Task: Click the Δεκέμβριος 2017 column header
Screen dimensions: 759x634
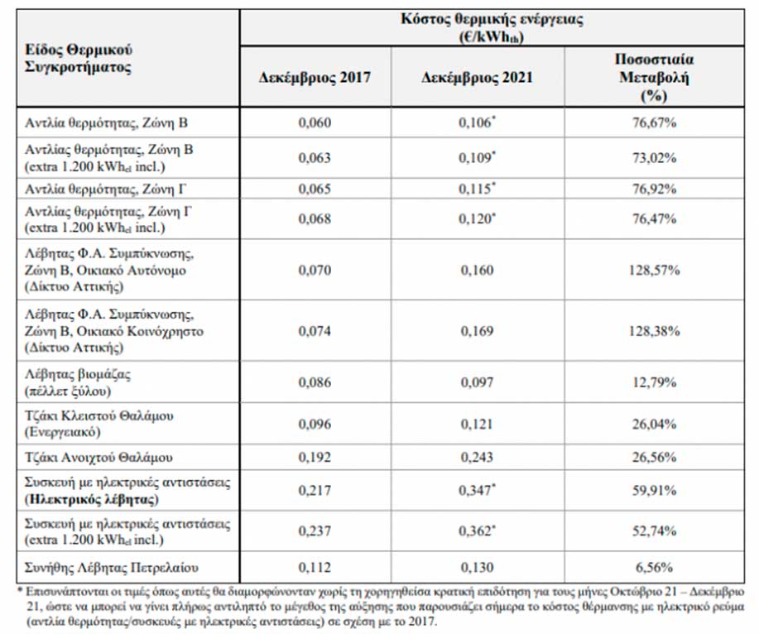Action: pos(315,78)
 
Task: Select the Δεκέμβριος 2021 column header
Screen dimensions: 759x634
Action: pos(477,78)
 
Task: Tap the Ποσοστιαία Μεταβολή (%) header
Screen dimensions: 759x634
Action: pos(654,78)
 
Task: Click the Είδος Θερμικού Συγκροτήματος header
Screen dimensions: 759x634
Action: pos(79,58)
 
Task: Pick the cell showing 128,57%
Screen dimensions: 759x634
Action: pos(654,270)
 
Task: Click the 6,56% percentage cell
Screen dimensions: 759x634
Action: pos(654,567)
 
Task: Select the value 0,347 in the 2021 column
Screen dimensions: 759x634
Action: pos(476,490)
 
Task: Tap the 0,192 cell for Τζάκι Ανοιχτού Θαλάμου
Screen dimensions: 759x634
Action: pos(315,458)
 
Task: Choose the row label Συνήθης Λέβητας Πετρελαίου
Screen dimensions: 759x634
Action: pos(112,567)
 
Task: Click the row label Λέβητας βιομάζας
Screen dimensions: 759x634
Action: pos(78,374)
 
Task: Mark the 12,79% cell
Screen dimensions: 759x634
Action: pos(654,382)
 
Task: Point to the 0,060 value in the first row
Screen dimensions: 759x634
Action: pos(315,122)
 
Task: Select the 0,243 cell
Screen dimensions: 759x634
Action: pos(477,458)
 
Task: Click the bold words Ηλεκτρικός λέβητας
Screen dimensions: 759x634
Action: pos(92,499)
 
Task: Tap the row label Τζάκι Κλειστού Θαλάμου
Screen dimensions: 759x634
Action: pos(98,415)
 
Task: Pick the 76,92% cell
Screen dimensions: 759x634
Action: pos(654,189)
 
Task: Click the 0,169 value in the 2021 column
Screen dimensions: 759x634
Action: pos(477,331)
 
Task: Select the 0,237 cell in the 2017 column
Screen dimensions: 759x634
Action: pos(315,531)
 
